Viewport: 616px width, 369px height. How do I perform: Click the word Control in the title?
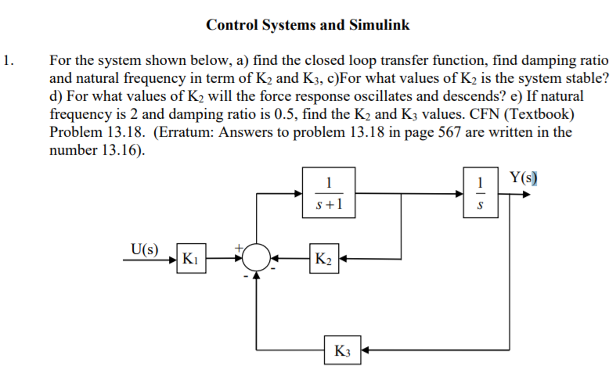[x=231, y=25]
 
